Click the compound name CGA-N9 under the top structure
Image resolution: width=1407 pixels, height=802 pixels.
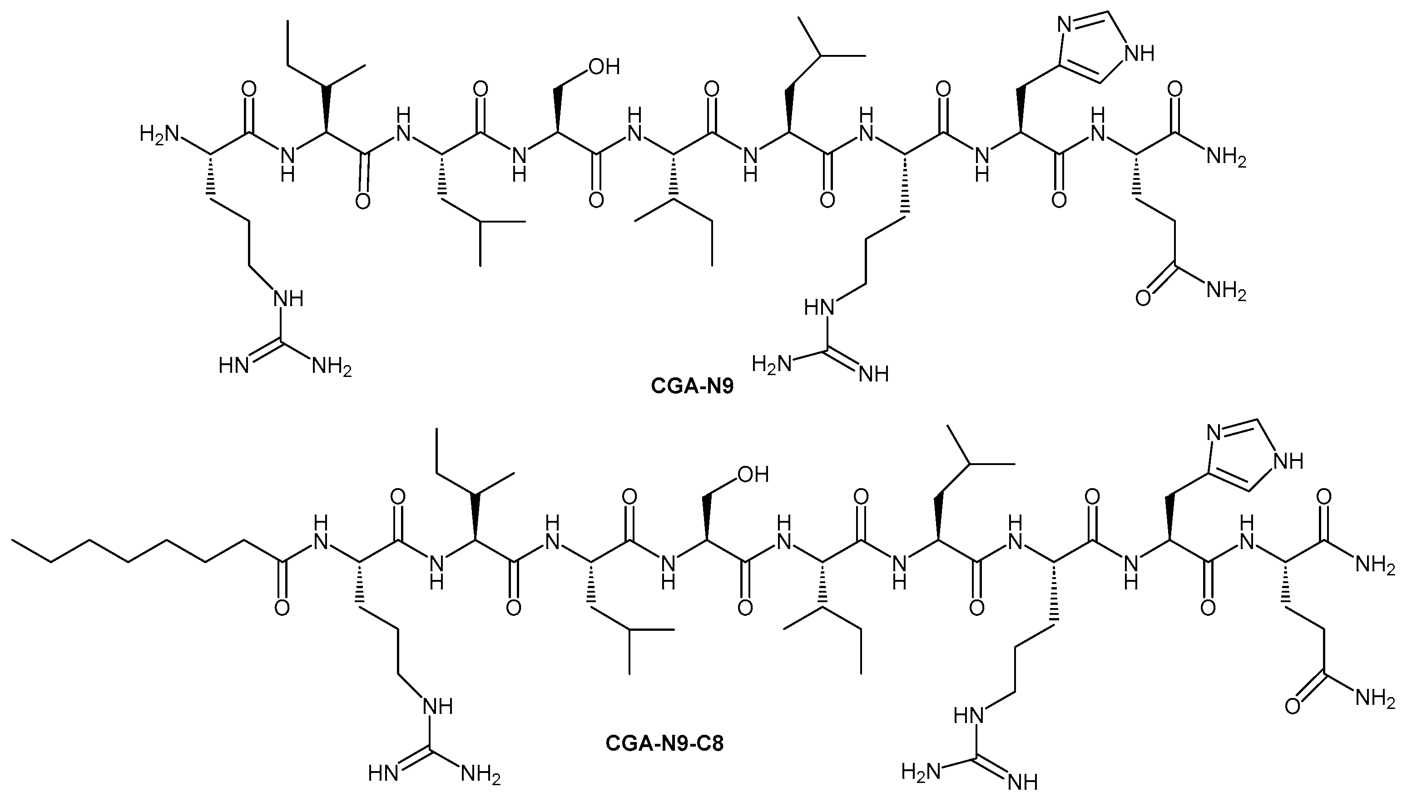click(x=692, y=386)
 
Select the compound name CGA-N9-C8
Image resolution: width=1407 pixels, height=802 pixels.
click(x=664, y=743)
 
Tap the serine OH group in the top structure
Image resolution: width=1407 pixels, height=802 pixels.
click(x=604, y=67)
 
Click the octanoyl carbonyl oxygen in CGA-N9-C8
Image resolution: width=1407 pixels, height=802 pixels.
click(x=282, y=608)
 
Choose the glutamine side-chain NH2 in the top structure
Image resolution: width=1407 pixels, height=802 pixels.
click(x=1226, y=290)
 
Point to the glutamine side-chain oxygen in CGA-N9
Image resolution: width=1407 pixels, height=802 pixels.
click(x=1143, y=298)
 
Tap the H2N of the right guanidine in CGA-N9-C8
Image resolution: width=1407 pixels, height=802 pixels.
click(x=920, y=772)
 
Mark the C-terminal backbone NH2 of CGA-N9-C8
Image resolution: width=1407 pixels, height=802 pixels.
click(x=1375, y=566)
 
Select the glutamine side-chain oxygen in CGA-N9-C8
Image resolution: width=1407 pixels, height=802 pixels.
click(x=1293, y=706)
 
